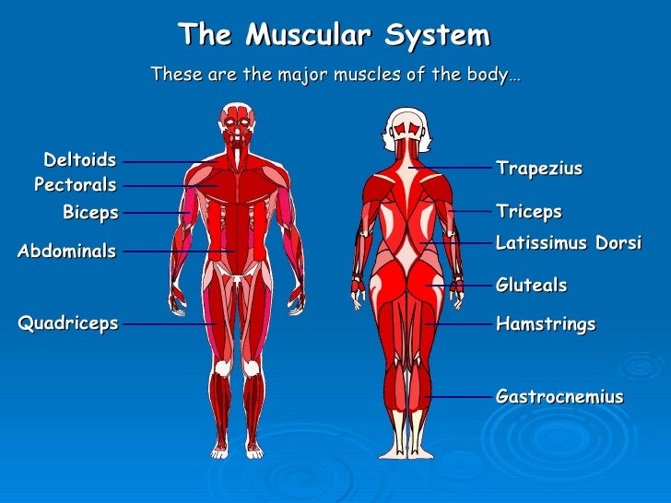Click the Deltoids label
coord(80,160)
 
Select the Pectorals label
coord(76,185)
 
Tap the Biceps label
coord(90,213)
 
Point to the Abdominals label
coord(67,251)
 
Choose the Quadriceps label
coord(68,322)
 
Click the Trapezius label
coord(539,168)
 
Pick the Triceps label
coord(529,212)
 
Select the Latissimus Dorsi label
coord(569,242)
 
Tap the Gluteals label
coord(532,286)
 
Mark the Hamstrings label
coord(546,324)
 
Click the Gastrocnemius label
coord(559,397)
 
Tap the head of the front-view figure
coord(237,122)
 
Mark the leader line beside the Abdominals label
coord(175,251)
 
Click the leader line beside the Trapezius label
coord(452,168)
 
